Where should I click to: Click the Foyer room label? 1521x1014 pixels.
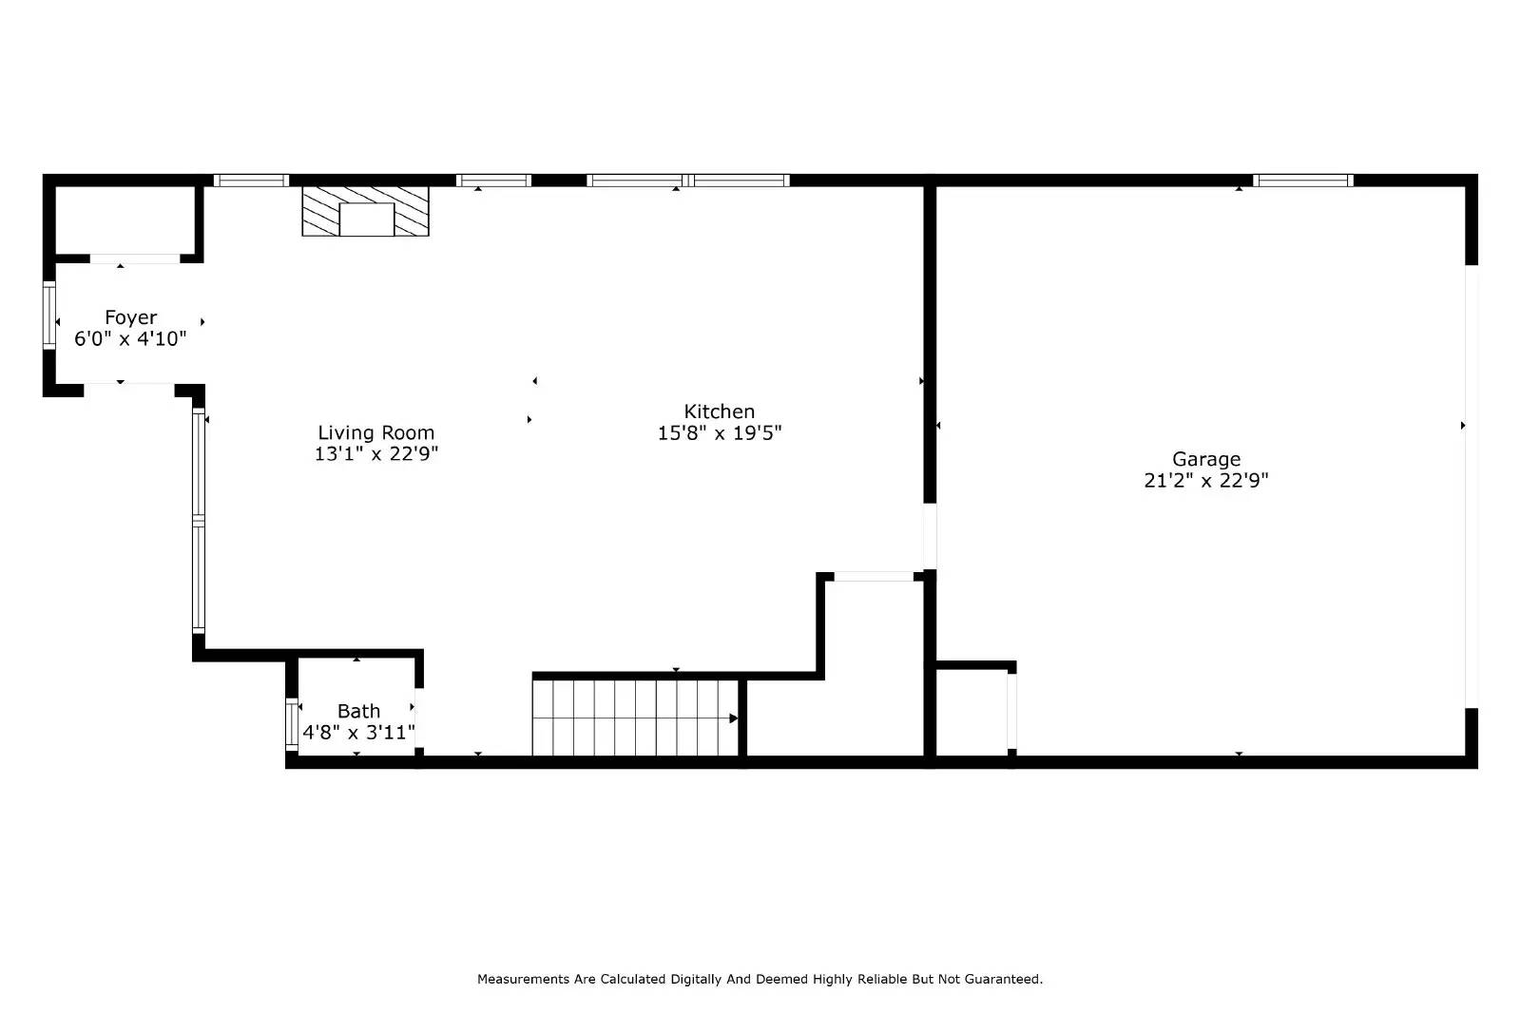click(x=130, y=317)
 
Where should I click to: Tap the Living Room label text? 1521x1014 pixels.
click(x=375, y=433)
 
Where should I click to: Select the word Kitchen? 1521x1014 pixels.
click(x=719, y=411)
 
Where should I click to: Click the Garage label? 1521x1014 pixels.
click(x=1205, y=459)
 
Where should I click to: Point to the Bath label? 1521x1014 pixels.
click(x=358, y=711)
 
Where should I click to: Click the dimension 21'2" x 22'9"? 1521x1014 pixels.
click(x=1205, y=481)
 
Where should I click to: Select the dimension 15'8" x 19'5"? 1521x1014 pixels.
click(x=719, y=433)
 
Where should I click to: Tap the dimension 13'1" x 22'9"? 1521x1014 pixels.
click(x=375, y=454)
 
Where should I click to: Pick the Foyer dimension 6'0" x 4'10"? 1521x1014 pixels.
click(x=130, y=339)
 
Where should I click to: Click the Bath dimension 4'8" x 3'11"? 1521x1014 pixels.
click(x=358, y=733)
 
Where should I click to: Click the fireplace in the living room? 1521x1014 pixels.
click(x=366, y=211)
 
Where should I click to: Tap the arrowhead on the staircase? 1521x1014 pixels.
click(x=733, y=718)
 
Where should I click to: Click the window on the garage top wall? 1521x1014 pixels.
click(x=1301, y=181)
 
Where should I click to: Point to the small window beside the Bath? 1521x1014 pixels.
click(x=292, y=724)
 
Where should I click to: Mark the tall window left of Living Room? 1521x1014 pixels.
click(x=199, y=520)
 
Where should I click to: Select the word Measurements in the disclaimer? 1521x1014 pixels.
click(x=522, y=979)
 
